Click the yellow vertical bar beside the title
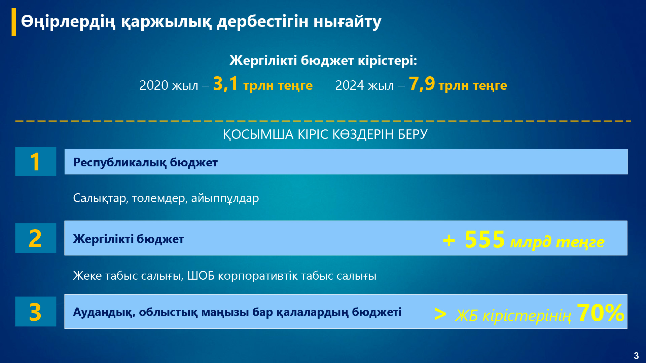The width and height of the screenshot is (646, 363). tap(14, 22)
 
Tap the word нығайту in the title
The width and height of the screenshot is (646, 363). tap(348, 22)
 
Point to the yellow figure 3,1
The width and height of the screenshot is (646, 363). tap(225, 84)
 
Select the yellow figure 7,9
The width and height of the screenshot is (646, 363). tap(422, 84)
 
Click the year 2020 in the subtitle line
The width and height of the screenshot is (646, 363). tap(154, 85)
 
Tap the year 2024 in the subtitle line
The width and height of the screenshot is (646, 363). tap(350, 85)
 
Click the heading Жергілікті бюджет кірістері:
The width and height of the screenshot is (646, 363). tap(323, 61)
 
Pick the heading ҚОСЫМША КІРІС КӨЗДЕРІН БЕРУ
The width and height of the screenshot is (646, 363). tap(325, 134)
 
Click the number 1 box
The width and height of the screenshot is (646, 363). tap(36, 162)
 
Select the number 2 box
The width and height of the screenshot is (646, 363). tap(36, 238)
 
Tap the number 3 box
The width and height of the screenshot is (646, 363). tap(36, 312)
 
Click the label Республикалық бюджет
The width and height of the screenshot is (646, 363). tap(145, 162)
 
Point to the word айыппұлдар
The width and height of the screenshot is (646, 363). tap(225, 198)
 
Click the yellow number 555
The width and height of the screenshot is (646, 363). tap(485, 240)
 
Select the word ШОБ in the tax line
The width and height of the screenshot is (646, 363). tap(201, 276)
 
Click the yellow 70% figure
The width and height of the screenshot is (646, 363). tap(601, 313)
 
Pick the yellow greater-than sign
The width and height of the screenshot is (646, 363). tap(440, 314)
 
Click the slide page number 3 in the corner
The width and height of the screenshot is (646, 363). tap(636, 356)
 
